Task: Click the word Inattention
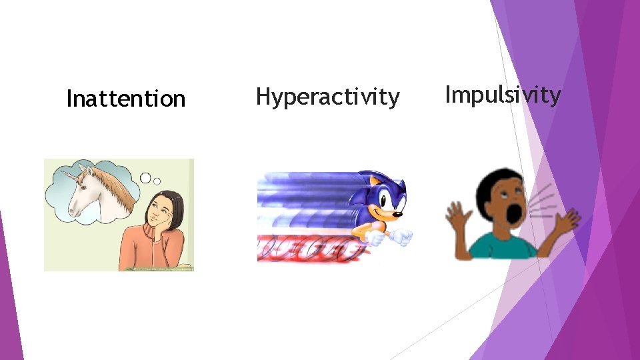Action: click(125, 99)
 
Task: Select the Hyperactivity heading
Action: click(327, 97)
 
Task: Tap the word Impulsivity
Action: click(503, 95)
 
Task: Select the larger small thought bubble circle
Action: click(146, 178)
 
